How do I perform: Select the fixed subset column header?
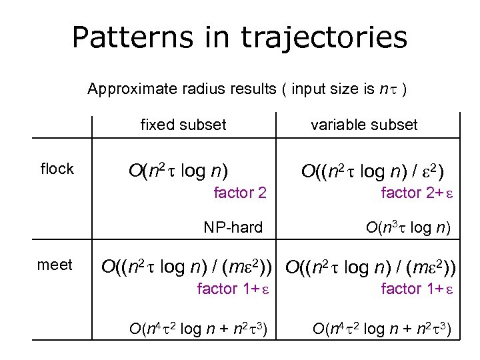pyautogui.click(x=183, y=125)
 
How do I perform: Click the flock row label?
pyautogui.click(x=57, y=169)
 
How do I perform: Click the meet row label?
pyautogui.click(x=55, y=265)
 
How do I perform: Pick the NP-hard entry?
pyautogui.click(x=233, y=228)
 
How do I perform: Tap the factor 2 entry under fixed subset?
pyautogui.click(x=240, y=193)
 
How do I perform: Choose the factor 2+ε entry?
pyautogui.click(x=417, y=193)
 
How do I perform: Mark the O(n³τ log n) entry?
pyautogui.click(x=409, y=228)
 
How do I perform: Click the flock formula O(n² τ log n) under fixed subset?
pyautogui.click(x=178, y=171)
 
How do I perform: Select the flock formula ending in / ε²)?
pyautogui.click(x=373, y=171)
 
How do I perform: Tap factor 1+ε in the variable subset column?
pyautogui.click(x=416, y=289)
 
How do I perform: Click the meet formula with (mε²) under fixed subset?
pyautogui.click(x=189, y=267)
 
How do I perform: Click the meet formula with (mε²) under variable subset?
pyautogui.click(x=372, y=267)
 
